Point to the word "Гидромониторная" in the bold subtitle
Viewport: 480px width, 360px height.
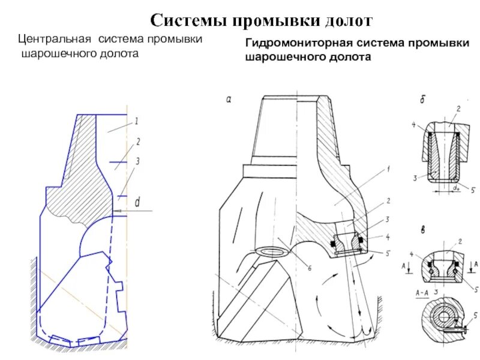(x=295, y=44)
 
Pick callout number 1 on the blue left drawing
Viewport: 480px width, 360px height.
(x=137, y=121)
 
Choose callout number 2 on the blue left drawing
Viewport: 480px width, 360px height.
(x=137, y=142)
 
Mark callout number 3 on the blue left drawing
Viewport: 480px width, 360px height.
(x=137, y=161)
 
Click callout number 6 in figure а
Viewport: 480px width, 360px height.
(x=310, y=268)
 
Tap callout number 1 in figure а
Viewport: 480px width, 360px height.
(x=388, y=170)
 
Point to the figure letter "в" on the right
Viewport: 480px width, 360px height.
(x=422, y=230)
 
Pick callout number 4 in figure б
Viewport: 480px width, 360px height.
(x=414, y=125)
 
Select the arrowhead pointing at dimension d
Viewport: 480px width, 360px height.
(x=115, y=210)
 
